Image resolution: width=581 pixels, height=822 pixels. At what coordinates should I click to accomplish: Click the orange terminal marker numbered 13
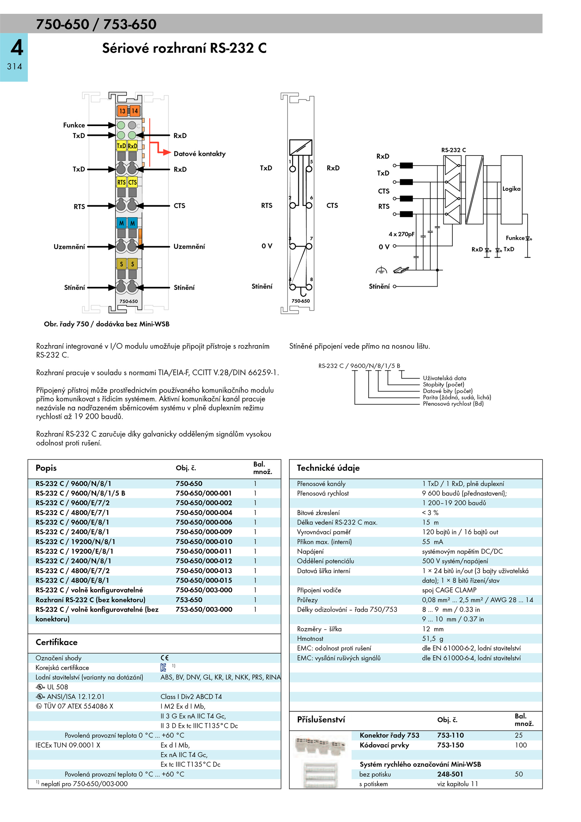[122, 111]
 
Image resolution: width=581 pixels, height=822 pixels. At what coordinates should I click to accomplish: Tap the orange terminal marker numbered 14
[135, 111]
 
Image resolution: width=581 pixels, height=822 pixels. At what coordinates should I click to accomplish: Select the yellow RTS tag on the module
[121, 182]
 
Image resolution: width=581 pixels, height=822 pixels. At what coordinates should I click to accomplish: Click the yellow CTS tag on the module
[133, 182]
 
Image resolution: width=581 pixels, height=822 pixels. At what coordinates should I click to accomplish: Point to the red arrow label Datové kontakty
[199, 154]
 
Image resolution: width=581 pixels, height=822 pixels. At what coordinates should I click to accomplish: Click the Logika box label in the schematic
[511, 189]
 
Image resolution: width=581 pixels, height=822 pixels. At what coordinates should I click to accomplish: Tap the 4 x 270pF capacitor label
[401, 234]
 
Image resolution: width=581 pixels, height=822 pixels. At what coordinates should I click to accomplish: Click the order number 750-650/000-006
[204, 522]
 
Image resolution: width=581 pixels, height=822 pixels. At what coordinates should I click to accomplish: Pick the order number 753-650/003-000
[204, 609]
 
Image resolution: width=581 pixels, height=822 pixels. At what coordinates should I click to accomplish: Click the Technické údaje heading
[328, 468]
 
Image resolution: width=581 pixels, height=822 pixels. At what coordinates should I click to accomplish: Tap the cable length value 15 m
[430, 522]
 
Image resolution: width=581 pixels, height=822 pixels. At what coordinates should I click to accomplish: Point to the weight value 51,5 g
[432, 639]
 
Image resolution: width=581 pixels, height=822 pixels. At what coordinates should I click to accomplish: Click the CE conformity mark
[164, 658]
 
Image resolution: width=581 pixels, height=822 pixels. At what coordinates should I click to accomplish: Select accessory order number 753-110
[450, 735]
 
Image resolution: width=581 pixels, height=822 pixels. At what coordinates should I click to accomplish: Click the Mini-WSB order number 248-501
[450, 774]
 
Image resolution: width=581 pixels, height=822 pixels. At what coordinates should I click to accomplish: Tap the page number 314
[15, 66]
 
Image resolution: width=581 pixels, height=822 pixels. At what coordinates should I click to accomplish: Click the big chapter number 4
[17, 48]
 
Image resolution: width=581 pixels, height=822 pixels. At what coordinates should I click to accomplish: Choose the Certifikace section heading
[57, 642]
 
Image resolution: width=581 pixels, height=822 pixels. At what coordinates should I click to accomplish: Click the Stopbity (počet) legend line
[443, 384]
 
